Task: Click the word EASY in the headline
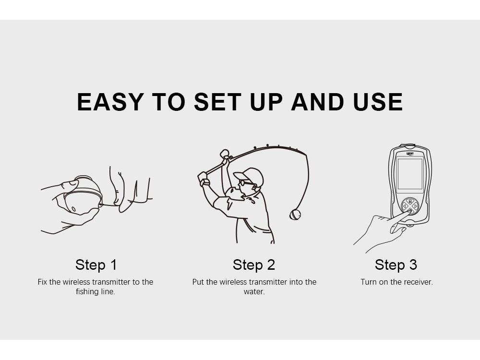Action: click(x=110, y=102)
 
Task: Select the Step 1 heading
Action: click(x=96, y=265)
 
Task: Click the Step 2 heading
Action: click(x=254, y=265)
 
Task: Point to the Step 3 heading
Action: click(x=396, y=265)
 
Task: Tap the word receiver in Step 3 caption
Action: click(x=418, y=282)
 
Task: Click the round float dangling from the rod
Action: click(x=295, y=214)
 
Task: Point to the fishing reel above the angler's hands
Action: click(x=225, y=154)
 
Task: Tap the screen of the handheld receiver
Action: click(x=410, y=174)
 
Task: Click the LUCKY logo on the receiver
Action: click(x=410, y=154)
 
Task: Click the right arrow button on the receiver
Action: click(x=415, y=206)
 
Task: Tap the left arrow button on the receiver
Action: click(x=404, y=206)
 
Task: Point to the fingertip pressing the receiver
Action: click(x=409, y=212)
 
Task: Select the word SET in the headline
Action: click(x=217, y=102)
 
